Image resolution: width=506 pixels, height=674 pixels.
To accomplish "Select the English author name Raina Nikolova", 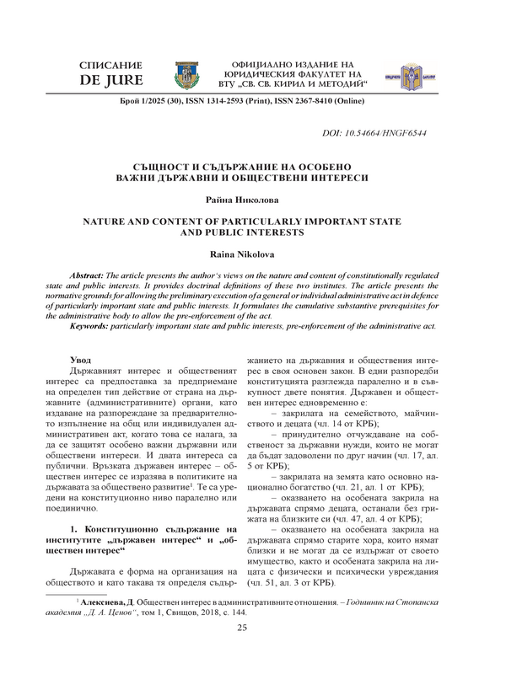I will (x=252, y=252).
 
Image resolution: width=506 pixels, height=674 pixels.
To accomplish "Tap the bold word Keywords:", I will (x=86, y=324).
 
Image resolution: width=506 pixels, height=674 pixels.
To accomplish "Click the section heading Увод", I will (x=81, y=360).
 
